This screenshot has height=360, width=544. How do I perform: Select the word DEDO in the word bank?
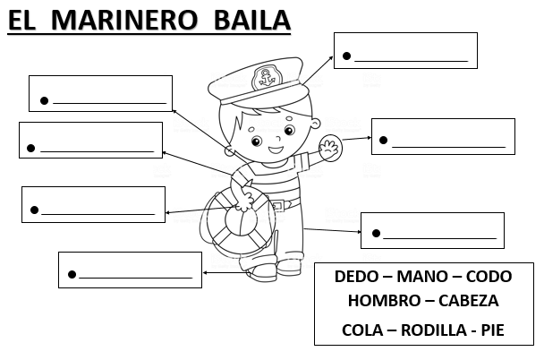355,278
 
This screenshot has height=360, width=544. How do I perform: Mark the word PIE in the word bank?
492,329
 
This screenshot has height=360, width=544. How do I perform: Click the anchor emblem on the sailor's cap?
265,78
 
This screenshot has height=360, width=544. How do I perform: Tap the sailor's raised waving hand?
331,148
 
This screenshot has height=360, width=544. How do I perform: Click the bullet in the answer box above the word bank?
376,234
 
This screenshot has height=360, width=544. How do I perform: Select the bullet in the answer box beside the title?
346,56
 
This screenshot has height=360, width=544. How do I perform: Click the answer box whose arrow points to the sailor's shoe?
130,270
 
